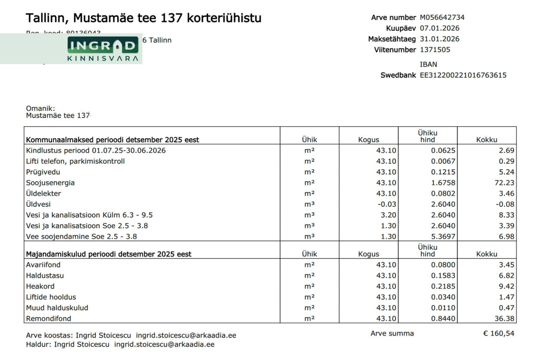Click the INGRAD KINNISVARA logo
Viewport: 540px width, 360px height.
pos(103,49)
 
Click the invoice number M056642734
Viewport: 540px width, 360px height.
pos(442,18)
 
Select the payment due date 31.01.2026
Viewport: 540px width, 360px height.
pos(440,39)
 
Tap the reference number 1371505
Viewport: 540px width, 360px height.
pos(435,50)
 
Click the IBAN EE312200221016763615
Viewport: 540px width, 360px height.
pos(463,76)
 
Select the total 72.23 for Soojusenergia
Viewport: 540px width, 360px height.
pos(505,183)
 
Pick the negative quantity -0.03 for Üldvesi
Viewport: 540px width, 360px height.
pos(387,204)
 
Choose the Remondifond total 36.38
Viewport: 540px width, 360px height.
pos(505,319)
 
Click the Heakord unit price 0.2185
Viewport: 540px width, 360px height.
pos(443,287)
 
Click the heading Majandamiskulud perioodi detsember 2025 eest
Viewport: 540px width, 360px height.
pos(108,254)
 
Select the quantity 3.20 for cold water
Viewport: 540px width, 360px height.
pos(389,215)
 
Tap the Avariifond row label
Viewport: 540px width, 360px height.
pos(43,265)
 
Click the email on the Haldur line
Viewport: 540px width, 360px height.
pos(164,344)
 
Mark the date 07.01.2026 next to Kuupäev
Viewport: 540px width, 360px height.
pos(440,28)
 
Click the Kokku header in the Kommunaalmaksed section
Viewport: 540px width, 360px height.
pos(486,140)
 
